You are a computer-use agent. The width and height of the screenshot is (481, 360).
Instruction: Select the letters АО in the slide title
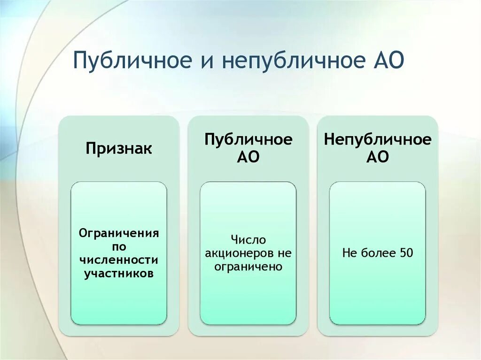(x=386, y=62)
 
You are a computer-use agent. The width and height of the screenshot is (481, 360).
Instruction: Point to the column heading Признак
(x=119, y=149)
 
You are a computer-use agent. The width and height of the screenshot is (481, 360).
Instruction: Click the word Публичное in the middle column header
(x=248, y=139)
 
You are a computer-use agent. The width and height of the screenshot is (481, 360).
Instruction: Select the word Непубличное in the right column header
(x=378, y=139)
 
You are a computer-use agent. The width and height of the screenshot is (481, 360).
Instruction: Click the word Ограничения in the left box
(x=119, y=233)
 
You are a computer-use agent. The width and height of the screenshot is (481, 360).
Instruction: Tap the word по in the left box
(x=119, y=246)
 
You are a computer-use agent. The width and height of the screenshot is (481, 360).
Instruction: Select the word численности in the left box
(x=119, y=260)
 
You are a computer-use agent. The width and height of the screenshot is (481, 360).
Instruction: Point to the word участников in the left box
(x=119, y=273)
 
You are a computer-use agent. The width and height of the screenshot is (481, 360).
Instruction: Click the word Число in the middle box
(x=248, y=240)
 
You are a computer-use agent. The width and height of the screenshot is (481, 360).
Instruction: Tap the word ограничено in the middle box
(x=248, y=267)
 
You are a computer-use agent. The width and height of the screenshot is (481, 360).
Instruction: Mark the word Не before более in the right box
(x=350, y=253)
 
